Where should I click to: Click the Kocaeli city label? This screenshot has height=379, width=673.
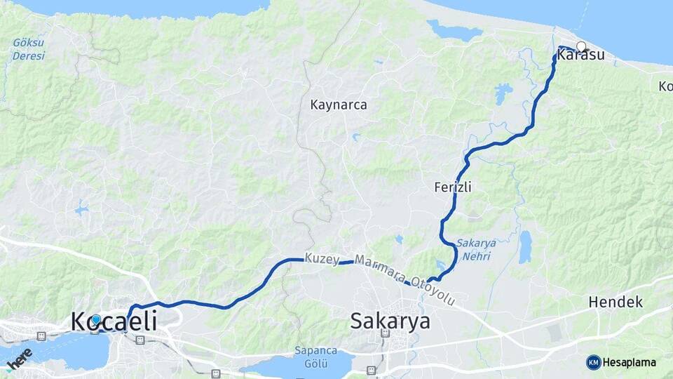click(114, 321)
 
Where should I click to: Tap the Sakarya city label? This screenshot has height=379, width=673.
click(390, 321)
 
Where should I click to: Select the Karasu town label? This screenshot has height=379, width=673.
click(580, 55)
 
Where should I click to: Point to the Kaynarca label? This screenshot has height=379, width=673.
click(339, 105)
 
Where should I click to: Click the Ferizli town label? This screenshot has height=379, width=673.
click(452, 187)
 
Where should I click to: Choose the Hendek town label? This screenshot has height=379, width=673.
click(616, 302)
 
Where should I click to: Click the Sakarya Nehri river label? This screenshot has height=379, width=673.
click(476, 249)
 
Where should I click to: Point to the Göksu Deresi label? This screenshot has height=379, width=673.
click(28, 48)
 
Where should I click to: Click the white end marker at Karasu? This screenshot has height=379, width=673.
click(581, 46)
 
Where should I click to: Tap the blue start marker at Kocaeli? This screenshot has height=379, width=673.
click(96, 319)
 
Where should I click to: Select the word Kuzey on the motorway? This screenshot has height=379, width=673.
click(322, 258)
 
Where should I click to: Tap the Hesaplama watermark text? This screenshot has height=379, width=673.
click(629, 362)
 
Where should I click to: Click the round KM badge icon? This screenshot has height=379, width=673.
click(594, 362)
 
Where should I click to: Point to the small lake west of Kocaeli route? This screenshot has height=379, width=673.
click(83, 208)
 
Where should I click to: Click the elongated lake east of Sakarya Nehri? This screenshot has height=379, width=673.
click(525, 247)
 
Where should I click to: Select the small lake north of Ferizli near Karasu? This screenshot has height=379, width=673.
click(503, 92)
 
